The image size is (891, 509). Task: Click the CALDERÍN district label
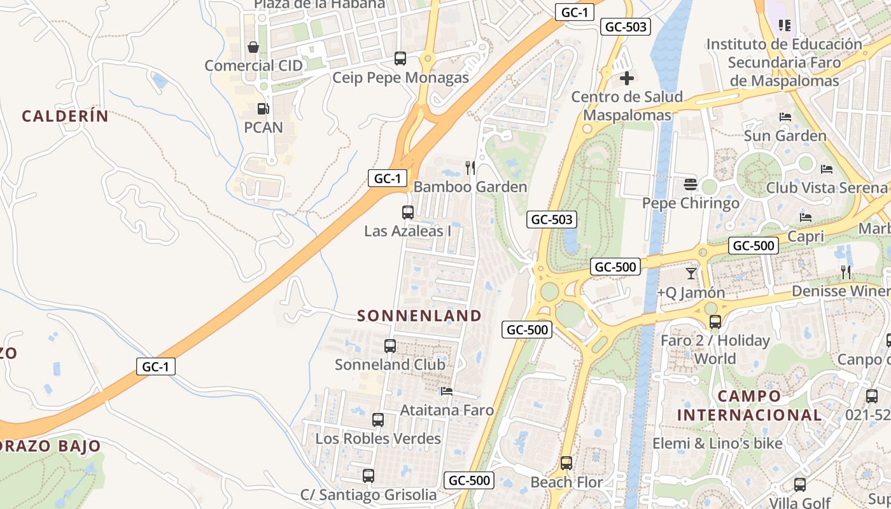click(x=65, y=116)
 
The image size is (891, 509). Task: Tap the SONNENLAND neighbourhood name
click(x=419, y=316)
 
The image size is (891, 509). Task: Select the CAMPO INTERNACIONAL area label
click(x=749, y=405)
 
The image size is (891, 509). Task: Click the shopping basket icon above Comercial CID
click(x=253, y=47)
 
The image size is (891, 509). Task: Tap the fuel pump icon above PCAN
click(x=263, y=109)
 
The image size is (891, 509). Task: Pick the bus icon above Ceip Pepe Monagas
click(x=400, y=59)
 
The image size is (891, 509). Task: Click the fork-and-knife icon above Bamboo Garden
click(x=470, y=168)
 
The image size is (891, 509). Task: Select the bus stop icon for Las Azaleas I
click(x=408, y=213)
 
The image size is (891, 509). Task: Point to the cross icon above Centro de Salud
click(x=627, y=78)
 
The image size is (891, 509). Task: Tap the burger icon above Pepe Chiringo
click(x=691, y=185)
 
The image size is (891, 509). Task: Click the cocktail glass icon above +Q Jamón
click(x=691, y=274)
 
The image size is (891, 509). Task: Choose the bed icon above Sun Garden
click(x=785, y=117)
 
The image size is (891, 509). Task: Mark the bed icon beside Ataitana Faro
click(x=447, y=391)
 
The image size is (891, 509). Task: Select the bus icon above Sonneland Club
click(x=390, y=346)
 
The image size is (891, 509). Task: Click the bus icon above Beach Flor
click(x=566, y=463)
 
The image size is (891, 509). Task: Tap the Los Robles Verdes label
click(x=378, y=438)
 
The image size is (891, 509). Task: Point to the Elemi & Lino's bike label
click(x=717, y=443)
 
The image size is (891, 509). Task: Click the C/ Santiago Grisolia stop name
click(x=368, y=495)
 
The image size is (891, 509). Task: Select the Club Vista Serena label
click(x=826, y=188)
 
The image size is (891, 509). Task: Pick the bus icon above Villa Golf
click(x=800, y=485)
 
